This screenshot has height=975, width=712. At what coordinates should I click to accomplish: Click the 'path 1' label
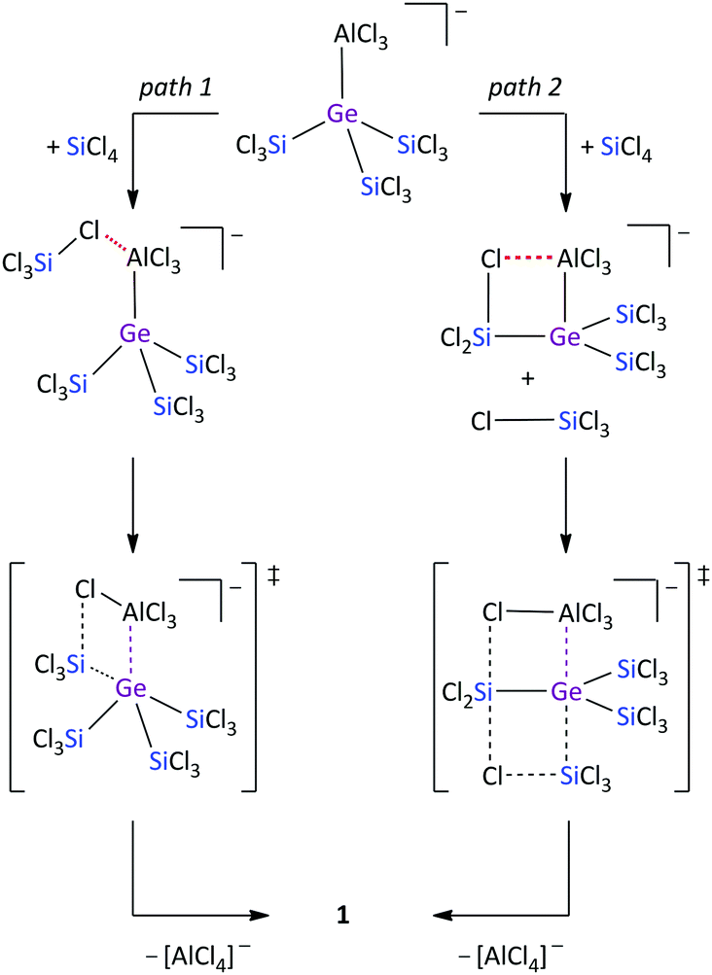click(175, 87)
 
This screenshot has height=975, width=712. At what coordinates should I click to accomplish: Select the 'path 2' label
click(524, 87)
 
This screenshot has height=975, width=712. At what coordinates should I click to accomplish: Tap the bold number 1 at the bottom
click(343, 915)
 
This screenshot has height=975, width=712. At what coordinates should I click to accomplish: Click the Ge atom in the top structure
click(343, 114)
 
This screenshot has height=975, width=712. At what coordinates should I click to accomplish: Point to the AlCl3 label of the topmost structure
click(361, 36)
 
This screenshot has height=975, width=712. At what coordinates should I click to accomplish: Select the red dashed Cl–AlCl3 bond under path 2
click(528, 258)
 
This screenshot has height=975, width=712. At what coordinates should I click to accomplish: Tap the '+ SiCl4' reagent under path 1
click(82, 150)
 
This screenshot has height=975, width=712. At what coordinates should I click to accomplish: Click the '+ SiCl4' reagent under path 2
click(616, 150)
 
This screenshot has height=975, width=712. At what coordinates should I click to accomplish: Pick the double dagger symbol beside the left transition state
click(272, 575)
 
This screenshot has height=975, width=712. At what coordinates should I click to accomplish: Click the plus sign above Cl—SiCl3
click(528, 378)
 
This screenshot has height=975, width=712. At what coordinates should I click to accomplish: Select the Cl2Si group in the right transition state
click(467, 691)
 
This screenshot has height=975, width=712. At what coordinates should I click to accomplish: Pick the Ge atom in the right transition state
click(566, 691)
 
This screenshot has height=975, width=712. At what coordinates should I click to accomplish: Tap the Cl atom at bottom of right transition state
click(492, 776)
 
